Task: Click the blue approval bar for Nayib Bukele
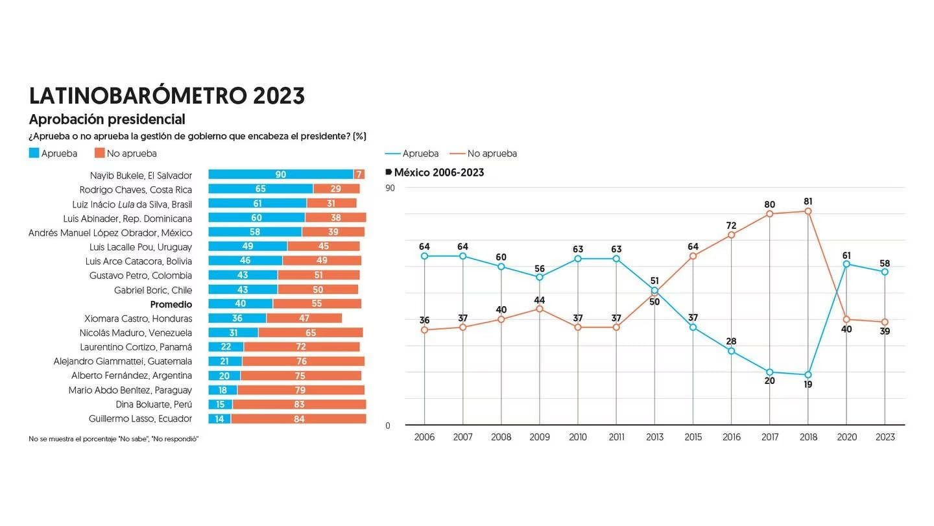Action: (280, 174)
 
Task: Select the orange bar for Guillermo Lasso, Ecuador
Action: (298, 419)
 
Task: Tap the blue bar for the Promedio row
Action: (241, 304)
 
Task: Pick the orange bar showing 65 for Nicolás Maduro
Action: (310, 333)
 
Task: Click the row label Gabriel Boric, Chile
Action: (153, 290)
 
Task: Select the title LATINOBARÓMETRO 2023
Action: (167, 95)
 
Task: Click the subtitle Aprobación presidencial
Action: (107, 119)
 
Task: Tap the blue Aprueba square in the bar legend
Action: (34, 153)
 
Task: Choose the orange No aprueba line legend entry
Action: (484, 154)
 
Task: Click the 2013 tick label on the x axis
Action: (654, 437)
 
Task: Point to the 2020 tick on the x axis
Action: (846, 437)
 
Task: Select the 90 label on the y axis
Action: (390, 188)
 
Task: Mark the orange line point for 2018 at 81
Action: (808, 211)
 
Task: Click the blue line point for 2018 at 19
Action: (808, 375)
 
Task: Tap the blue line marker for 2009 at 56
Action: (540, 277)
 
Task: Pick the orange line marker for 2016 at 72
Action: (731, 235)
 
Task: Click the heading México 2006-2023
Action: (438, 173)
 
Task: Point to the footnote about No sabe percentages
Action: (114, 439)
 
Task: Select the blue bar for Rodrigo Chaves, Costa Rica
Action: (260, 189)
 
